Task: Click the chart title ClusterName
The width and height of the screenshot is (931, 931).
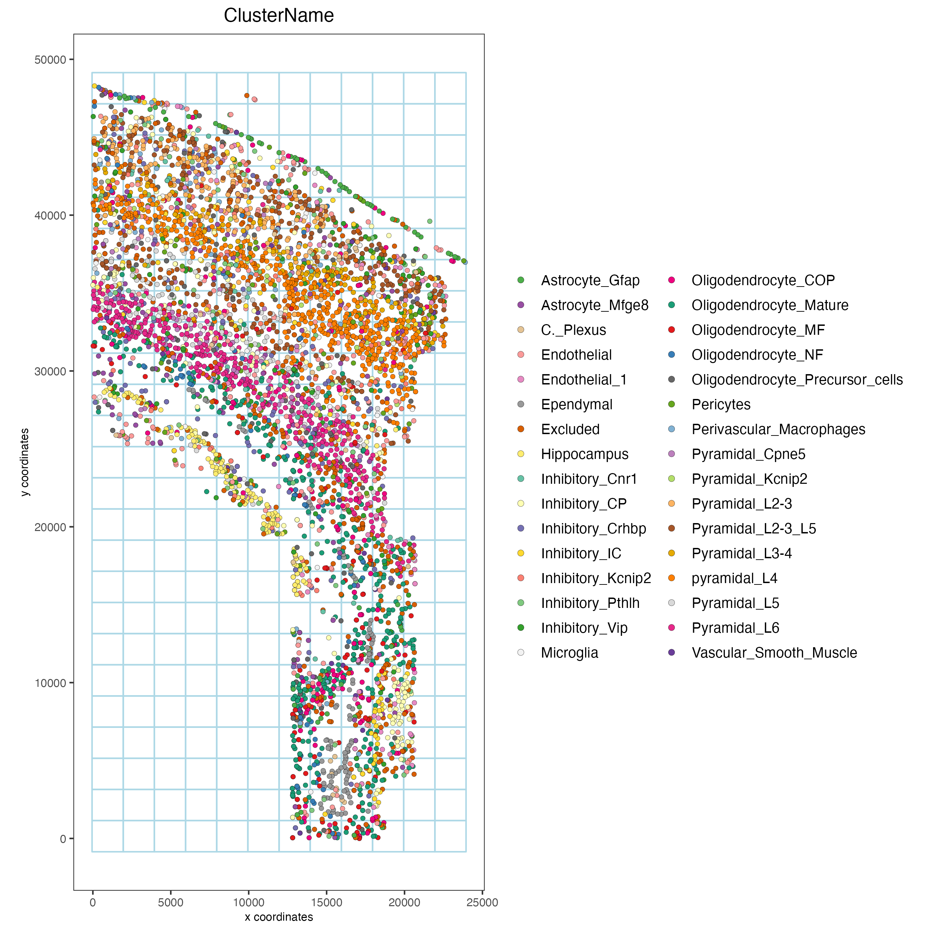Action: pyautogui.click(x=279, y=16)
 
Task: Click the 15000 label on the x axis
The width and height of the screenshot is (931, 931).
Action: pyautogui.click(x=326, y=903)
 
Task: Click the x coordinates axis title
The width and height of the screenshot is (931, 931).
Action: pyautogui.click(x=279, y=917)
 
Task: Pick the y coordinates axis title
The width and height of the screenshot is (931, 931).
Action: pyautogui.click(x=25, y=462)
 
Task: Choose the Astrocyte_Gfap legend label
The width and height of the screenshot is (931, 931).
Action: pyautogui.click(x=590, y=280)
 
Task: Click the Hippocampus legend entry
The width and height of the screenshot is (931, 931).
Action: pyautogui.click(x=584, y=454)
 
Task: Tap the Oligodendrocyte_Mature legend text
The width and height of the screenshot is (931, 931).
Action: pyautogui.click(x=770, y=306)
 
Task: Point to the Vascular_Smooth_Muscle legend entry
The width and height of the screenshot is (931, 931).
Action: pyautogui.click(x=774, y=653)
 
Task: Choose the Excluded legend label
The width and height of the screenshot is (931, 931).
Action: pyautogui.click(x=570, y=429)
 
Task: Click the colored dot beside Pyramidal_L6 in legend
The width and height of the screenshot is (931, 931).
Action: pyautogui.click(x=672, y=628)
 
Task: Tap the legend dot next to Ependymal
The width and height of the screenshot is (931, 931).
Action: pyautogui.click(x=521, y=405)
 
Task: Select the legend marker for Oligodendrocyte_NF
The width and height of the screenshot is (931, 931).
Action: pyautogui.click(x=672, y=355)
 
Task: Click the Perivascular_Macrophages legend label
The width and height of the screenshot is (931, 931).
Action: pyautogui.click(x=778, y=429)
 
